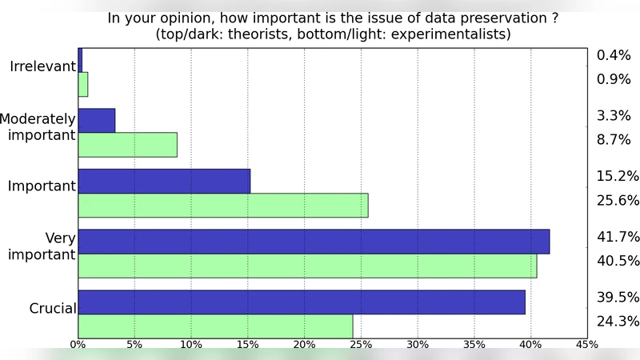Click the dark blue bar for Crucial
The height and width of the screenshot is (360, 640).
click(302, 302)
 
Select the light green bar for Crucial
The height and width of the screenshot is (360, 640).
click(215, 326)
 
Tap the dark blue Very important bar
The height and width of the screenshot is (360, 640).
click(314, 242)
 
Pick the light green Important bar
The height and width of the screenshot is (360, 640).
click(223, 206)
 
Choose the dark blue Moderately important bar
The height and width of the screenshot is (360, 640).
click(97, 120)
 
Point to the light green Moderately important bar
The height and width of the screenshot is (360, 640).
click(127, 145)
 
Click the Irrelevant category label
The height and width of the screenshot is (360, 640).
click(42, 66)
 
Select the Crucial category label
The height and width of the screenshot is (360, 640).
click(52, 308)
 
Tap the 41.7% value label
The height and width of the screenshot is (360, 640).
click(618, 237)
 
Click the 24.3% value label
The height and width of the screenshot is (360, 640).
click(618, 322)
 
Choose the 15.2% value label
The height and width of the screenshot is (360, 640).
click(618, 176)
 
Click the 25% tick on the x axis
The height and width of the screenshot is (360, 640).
click(361, 345)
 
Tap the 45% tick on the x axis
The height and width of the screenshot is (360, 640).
click(587, 345)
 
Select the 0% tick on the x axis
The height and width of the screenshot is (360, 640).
click(78, 345)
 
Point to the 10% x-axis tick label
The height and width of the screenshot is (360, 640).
click(191, 345)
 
